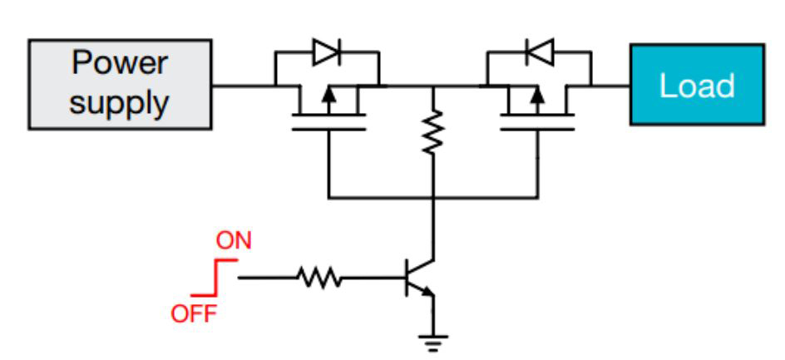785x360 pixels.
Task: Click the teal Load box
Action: [x=696, y=85]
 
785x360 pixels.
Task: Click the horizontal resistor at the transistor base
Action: [x=318, y=279]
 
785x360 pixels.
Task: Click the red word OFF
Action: [x=193, y=314]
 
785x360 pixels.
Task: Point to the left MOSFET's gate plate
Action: [x=328, y=129]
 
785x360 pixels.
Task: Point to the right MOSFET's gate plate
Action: [x=537, y=129]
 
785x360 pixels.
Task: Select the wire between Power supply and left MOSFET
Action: [x=243, y=85]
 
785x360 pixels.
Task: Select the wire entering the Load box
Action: [x=610, y=85]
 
